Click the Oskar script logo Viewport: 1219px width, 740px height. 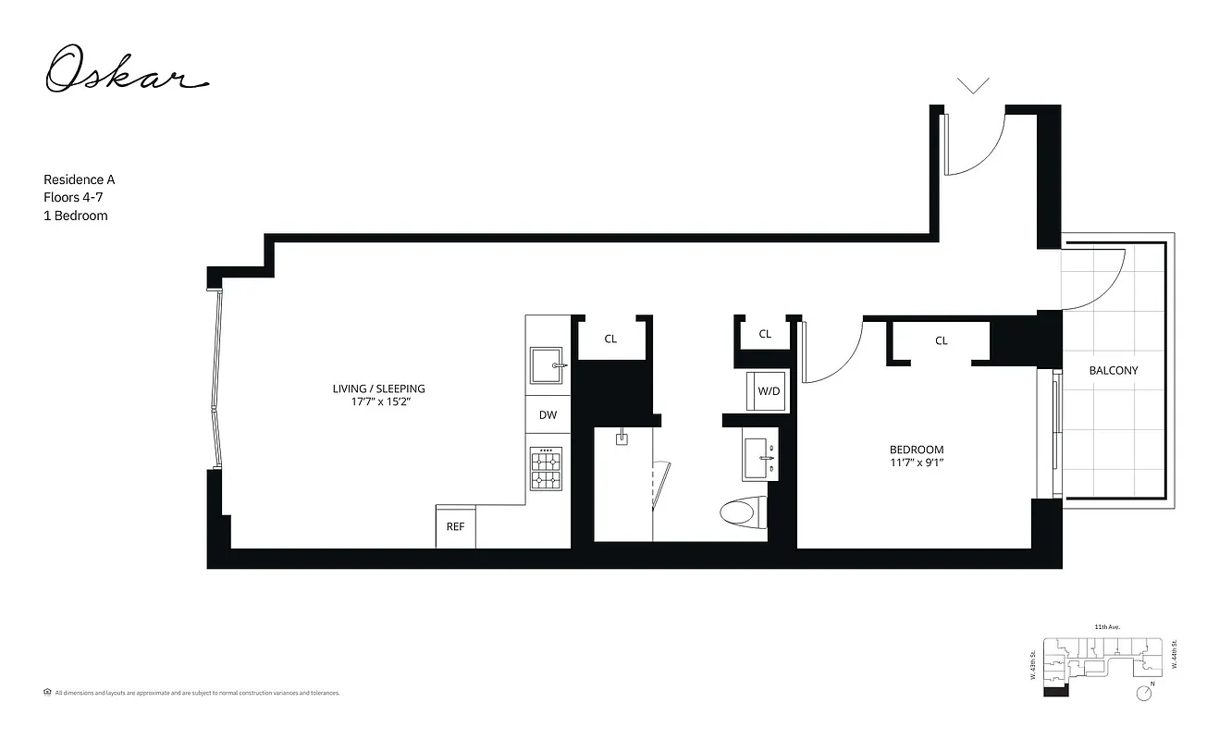(127, 72)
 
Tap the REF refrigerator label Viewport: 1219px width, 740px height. (455, 527)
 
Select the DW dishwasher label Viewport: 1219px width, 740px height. (548, 415)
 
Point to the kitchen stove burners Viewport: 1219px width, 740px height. (545, 469)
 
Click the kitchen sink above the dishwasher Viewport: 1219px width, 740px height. (547, 366)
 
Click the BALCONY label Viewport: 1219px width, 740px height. (1113, 370)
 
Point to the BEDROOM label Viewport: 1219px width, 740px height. (917, 450)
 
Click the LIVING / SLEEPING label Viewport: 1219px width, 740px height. (378, 388)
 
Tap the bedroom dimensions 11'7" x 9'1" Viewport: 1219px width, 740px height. (917, 463)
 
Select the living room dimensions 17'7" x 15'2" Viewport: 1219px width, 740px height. (378, 402)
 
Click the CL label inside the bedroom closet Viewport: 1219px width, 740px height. (941, 340)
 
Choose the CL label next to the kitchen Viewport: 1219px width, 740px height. (610, 339)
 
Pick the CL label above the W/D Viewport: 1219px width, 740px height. (765, 334)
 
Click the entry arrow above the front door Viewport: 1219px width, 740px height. (972, 86)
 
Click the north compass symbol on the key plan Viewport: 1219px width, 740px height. (1145, 692)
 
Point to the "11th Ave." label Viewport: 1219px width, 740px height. (1107, 627)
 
